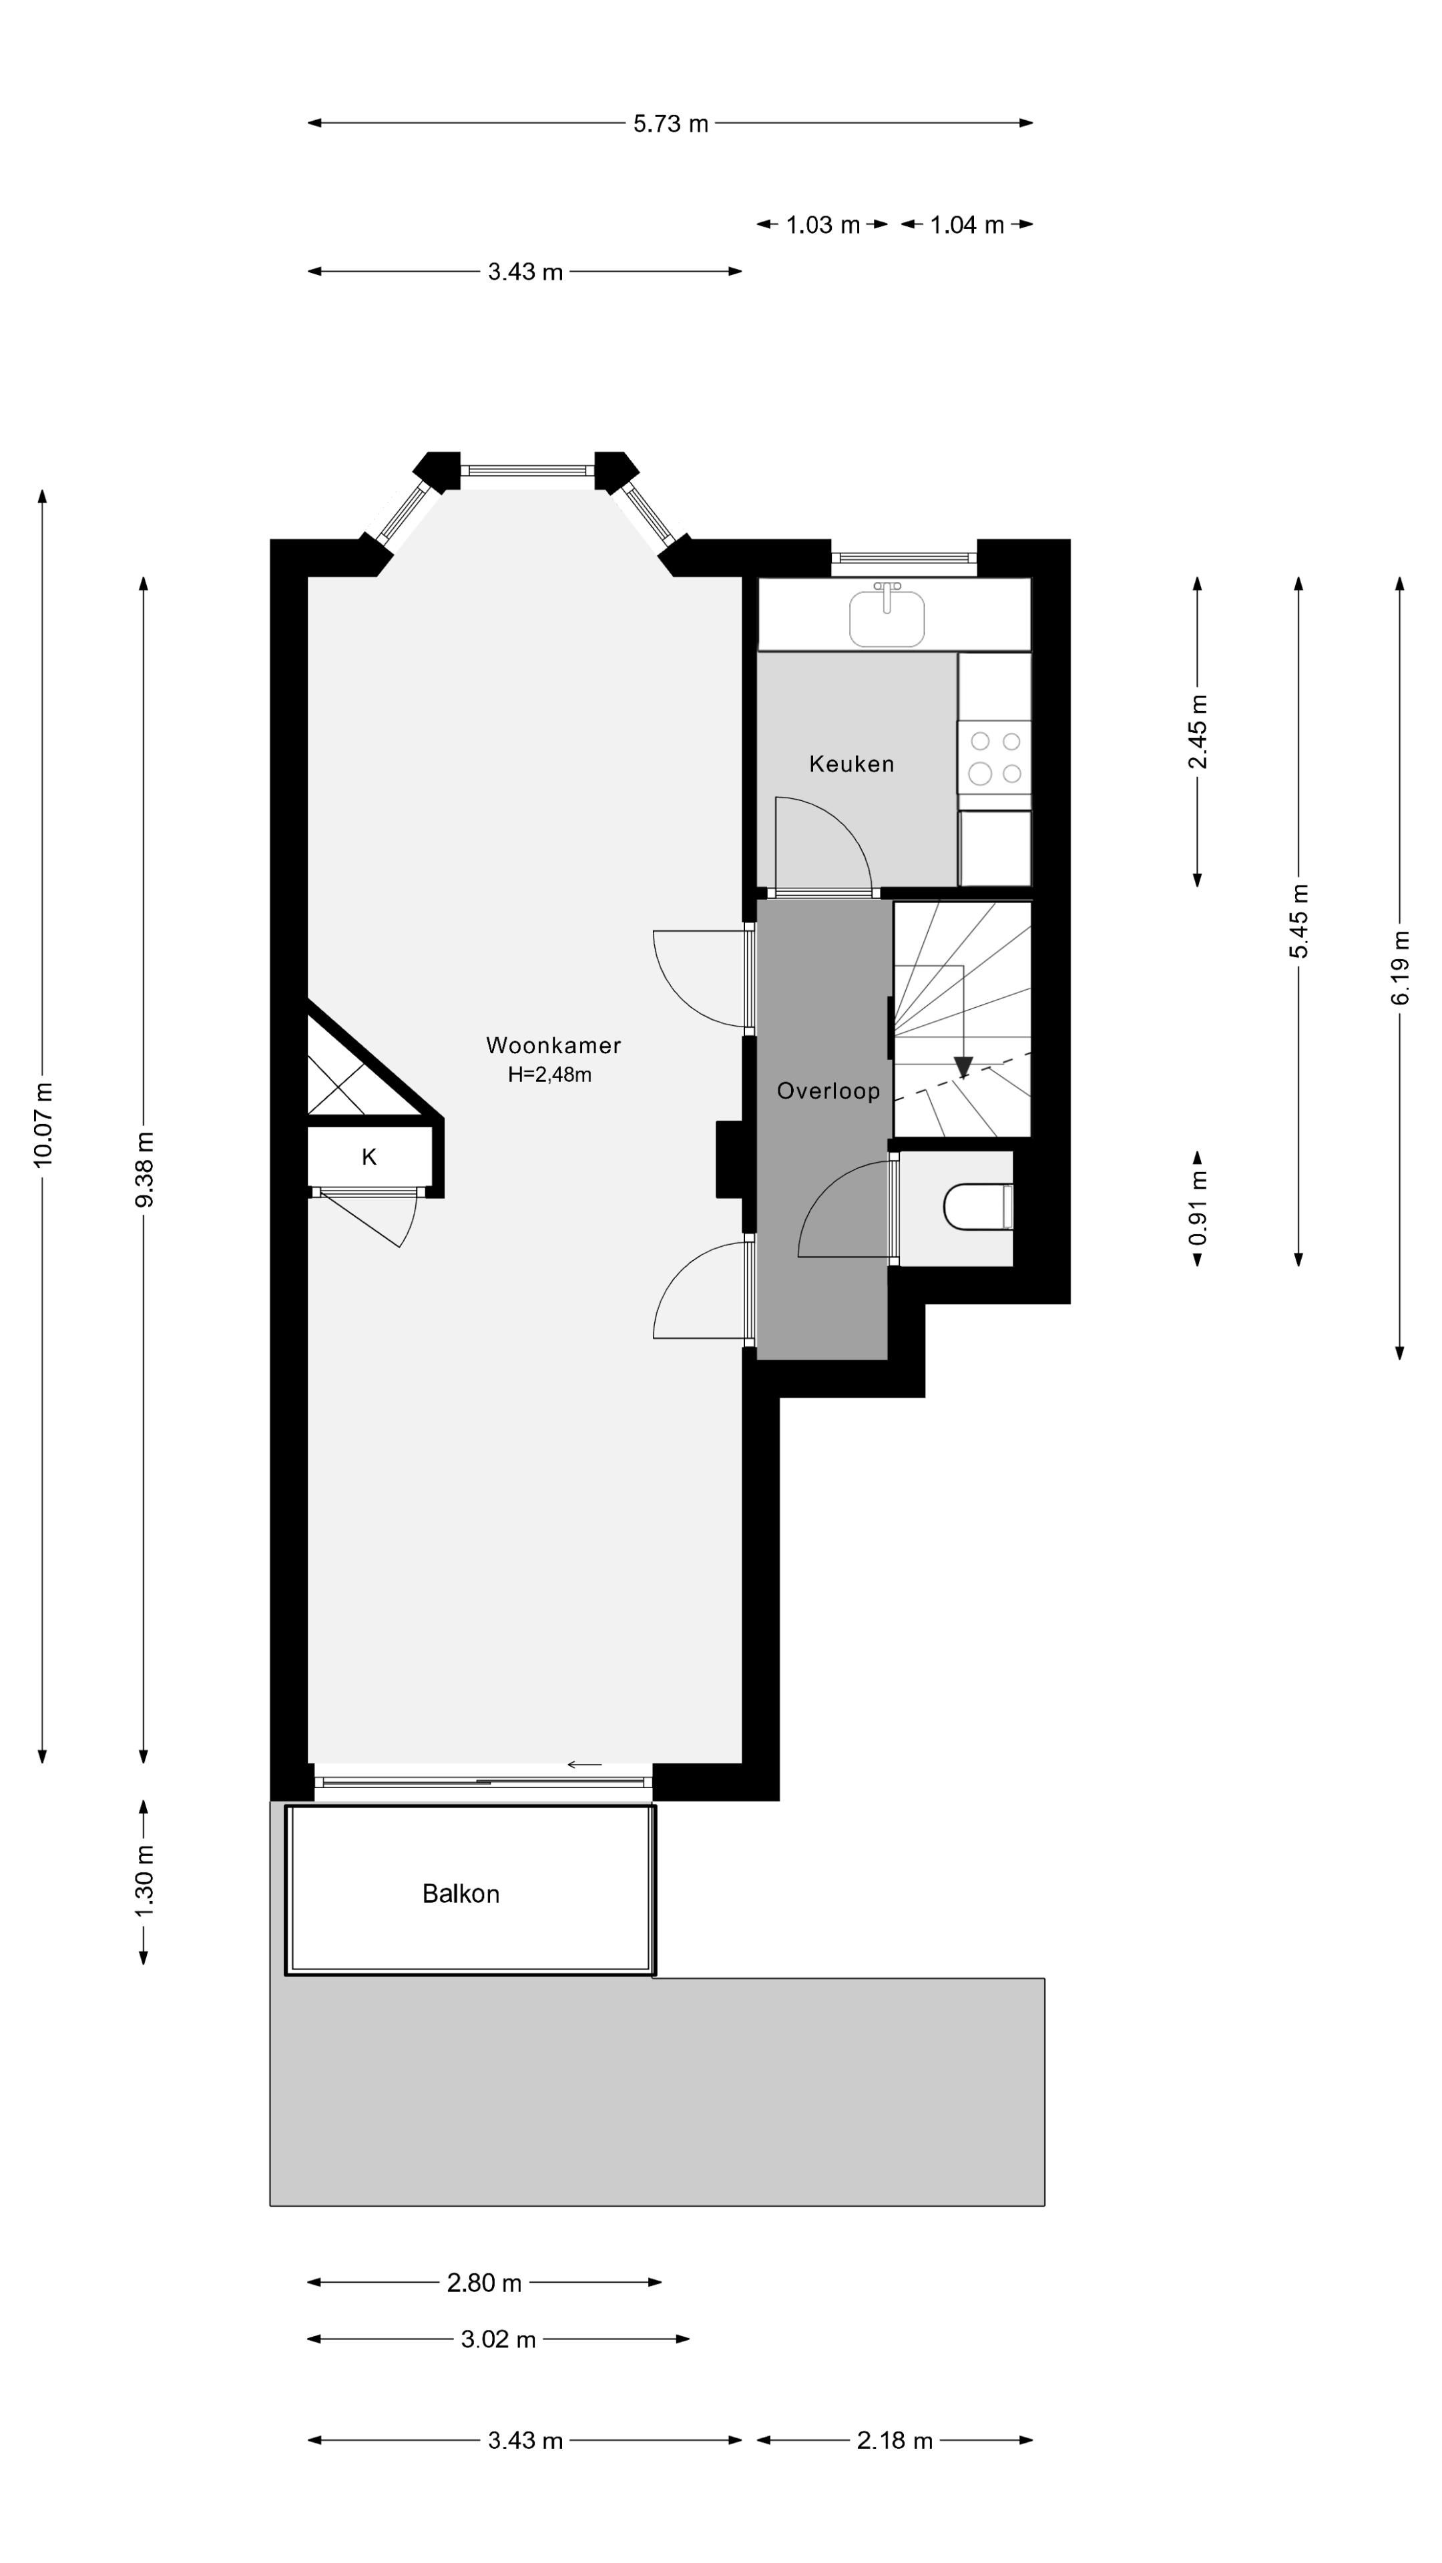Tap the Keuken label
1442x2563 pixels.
tap(851, 764)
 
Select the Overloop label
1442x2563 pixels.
tap(828, 1091)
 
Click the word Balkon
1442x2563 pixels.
tap(460, 1894)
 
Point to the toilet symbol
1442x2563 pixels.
tap(975, 1207)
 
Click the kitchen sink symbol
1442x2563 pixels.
tap(887, 616)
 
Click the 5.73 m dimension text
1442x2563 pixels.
tap(671, 123)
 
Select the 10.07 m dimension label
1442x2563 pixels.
tap(43, 1124)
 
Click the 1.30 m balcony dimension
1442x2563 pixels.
tap(144, 1882)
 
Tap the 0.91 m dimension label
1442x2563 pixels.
tap(1198, 1208)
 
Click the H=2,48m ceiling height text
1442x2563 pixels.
tap(549, 1075)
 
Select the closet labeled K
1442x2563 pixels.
tap(369, 1157)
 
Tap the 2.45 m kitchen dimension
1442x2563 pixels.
tap(1198, 732)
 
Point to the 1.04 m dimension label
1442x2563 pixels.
tap(966, 225)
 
